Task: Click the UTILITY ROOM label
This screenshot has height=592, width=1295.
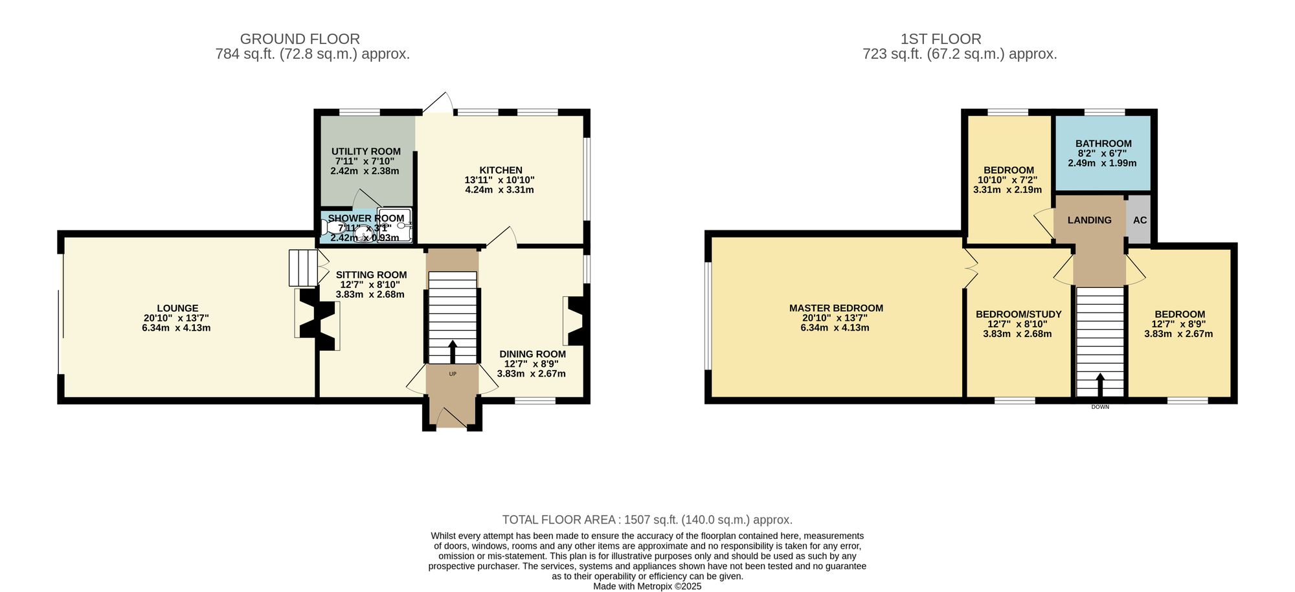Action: [366, 151]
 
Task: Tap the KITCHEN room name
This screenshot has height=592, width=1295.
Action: [501, 170]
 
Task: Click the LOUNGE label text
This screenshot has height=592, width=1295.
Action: [177, 309]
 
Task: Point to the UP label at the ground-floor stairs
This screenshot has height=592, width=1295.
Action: [453, 374]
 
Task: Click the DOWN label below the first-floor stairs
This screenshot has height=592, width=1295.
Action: [1100, 407]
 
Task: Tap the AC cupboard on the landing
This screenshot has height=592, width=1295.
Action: [1140, 220]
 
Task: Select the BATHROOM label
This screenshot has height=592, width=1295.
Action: [1103, 144]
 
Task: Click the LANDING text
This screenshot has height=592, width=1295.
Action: [1089, 220]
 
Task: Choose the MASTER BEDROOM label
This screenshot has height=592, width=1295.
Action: [836, 309]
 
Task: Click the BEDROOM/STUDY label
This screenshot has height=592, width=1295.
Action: [1019, 314]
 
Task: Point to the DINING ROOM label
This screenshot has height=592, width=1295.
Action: [532, 354]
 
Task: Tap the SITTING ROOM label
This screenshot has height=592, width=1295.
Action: [371, 275]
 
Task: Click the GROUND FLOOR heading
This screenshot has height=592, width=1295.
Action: [300, 39]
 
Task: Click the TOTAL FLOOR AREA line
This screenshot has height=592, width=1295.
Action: [647, 520]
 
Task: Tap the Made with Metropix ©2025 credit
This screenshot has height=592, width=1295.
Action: [647, 586]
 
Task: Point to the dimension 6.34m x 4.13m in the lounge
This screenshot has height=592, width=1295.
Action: [176, 328]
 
